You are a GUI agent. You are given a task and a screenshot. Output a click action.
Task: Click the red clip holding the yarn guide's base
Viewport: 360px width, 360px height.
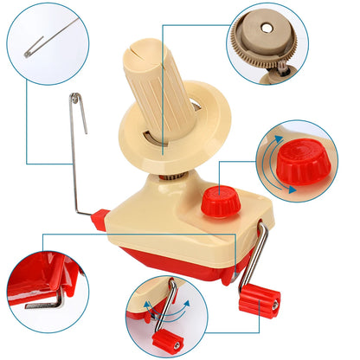[x=100, y=220]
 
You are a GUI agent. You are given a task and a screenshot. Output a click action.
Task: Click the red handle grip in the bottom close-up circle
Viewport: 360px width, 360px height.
[x=163, y=332]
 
